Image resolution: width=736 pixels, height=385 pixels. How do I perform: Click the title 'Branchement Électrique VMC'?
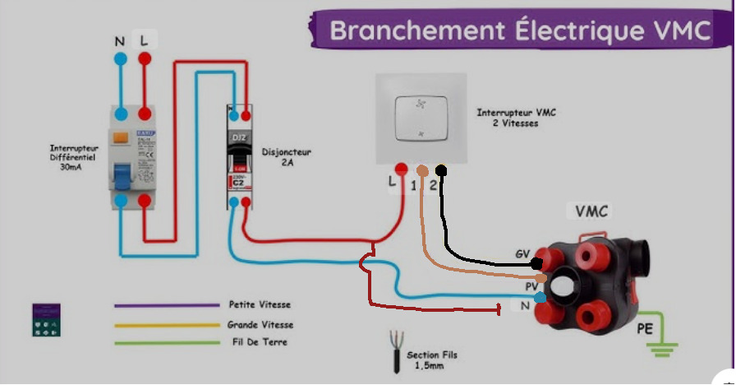click(x=519, y=30)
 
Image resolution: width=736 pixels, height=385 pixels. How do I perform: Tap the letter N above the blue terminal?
click(x=121, y=40)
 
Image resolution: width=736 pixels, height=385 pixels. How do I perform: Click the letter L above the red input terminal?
click(x=145, y=40)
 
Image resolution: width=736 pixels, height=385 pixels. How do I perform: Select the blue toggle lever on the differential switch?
click(x=121, y=177)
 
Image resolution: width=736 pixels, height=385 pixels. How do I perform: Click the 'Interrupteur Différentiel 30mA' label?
click(x=73, y=158)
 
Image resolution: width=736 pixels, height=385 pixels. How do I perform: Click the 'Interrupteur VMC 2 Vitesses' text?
click(x=517, y=117)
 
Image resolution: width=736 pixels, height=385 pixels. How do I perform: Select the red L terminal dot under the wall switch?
click(x=401, y=169)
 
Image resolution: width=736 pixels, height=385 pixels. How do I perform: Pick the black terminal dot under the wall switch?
click(x=441, y=171)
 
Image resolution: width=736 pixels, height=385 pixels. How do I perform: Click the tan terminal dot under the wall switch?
click(x=422, y=171)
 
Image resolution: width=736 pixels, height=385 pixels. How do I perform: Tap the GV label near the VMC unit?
click(x=522, y=253)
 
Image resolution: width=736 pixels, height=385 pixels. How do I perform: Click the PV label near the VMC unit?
click(x=531, y=286)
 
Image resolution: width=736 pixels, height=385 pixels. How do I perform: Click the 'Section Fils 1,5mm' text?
click(x=433, y=359)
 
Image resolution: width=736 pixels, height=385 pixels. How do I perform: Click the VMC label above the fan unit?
click(x=591, y=211)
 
